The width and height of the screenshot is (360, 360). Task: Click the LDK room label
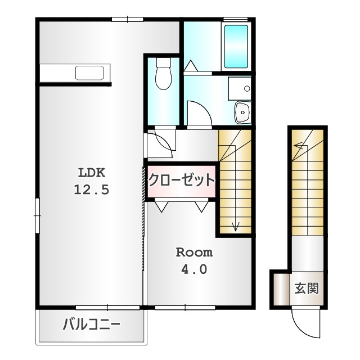pos(92,173)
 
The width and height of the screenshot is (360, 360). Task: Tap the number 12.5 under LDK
pos(91,190)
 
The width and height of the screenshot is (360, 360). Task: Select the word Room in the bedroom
pos(194,253)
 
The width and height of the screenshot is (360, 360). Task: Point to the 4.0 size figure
pos(194,269)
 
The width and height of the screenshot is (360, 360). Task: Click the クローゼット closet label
pos(181,180)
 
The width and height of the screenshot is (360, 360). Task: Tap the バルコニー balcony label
pos(91,325)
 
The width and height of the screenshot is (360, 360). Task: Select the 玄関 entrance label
pos(307,288)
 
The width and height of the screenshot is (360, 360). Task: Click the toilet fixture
pos(164,74)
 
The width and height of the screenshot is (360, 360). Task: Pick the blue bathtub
pos(236,47)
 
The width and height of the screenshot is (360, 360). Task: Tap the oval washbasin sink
pos(242,112)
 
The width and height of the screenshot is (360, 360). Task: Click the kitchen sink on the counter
pos(89,73)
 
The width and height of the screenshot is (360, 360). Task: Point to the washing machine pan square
pos(240,88)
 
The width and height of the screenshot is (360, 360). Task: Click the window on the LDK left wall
pos(37,216)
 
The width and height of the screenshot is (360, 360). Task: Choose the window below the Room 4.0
pos(185,308)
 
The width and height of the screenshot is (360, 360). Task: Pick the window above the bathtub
pos(236,19)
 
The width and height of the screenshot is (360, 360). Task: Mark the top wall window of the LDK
pos(128,19)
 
